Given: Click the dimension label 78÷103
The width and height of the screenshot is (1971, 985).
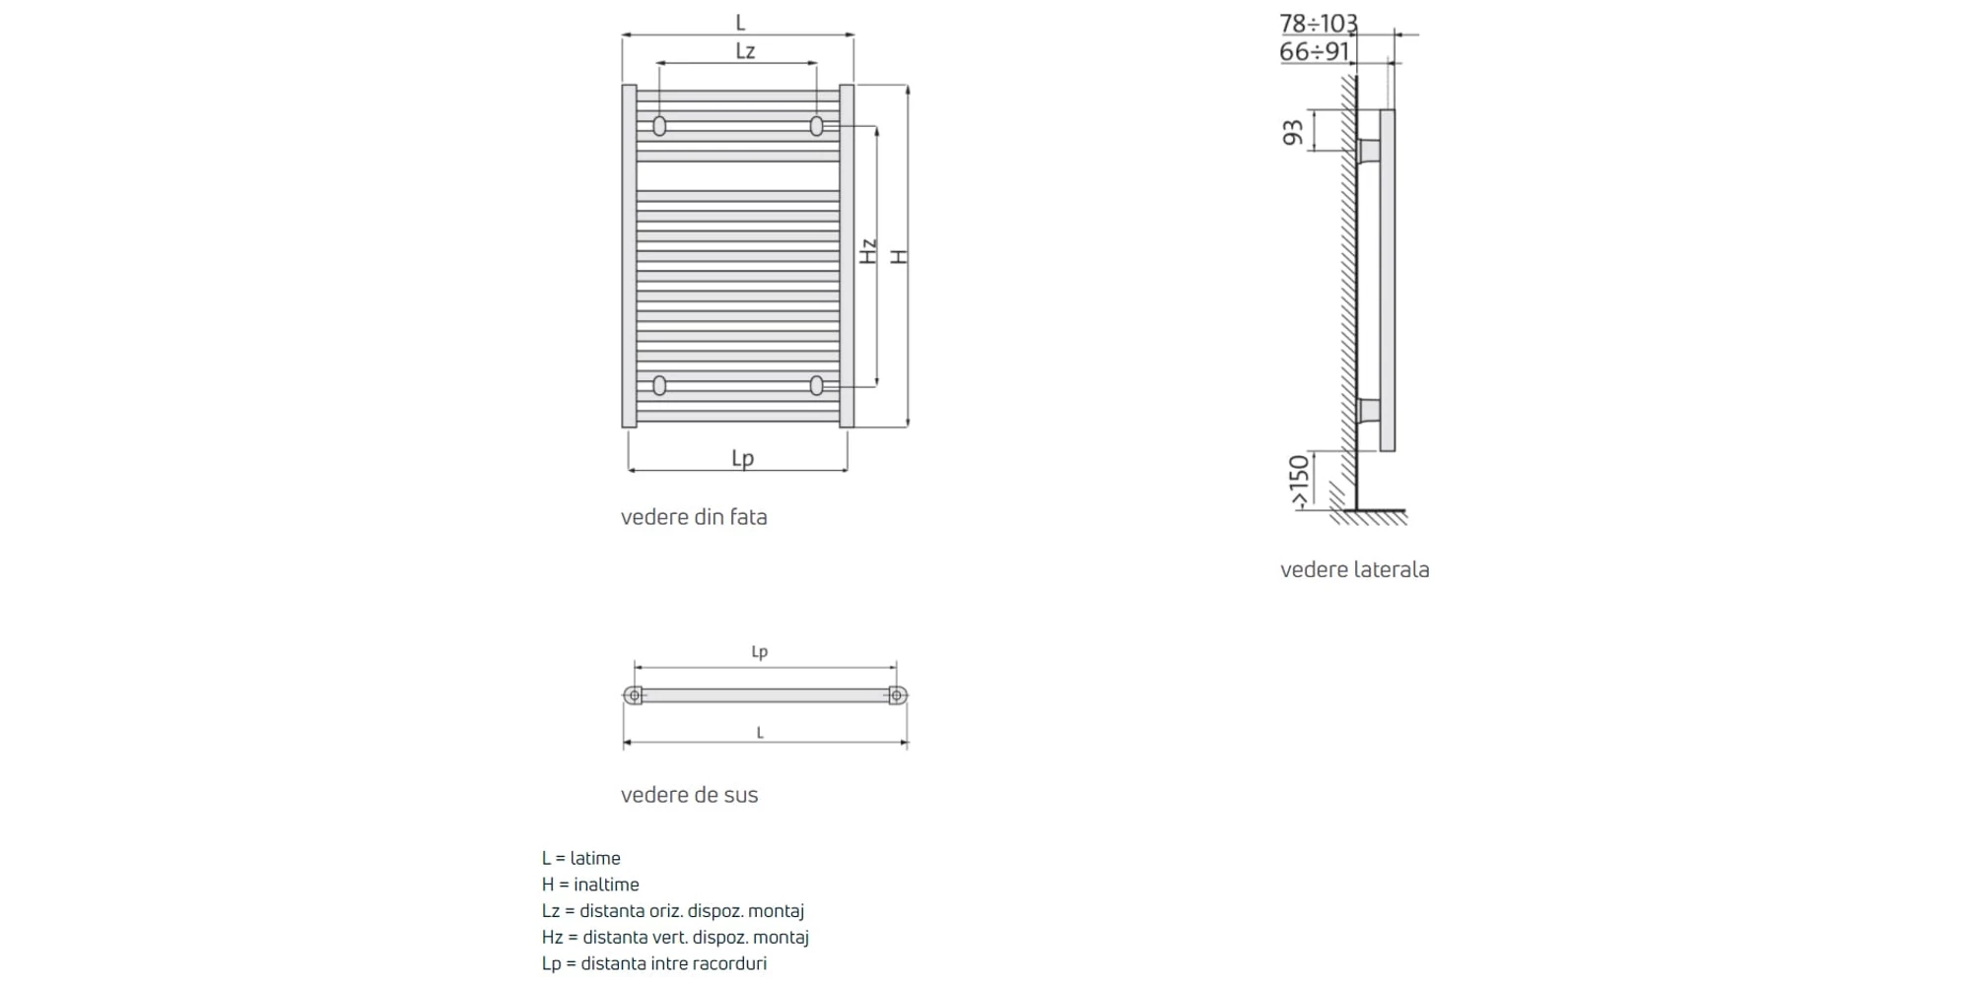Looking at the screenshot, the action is [1319, 23].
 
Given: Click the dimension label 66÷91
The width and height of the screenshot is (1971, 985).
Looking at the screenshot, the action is [1315, 51].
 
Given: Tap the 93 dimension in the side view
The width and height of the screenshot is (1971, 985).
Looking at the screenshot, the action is [1293, 132].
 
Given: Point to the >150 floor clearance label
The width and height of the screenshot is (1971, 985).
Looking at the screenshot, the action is [1300, 482].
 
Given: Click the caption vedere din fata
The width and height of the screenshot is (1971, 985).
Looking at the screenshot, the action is [694, 517].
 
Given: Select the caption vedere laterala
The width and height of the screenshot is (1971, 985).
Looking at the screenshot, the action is [1355, 569].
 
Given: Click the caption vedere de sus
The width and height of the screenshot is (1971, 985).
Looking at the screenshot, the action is [690, 795].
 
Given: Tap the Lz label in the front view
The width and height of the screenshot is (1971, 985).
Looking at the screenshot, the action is [745, 50].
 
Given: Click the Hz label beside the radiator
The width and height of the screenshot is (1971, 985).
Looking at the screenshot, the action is [868, 251].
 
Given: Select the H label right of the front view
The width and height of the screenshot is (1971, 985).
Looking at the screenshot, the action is [899, 256].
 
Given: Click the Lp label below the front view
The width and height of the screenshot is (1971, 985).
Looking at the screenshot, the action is [742, 458].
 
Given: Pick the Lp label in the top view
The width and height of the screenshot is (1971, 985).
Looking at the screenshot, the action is [759, 651].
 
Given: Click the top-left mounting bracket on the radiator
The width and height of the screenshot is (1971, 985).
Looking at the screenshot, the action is [659, 126].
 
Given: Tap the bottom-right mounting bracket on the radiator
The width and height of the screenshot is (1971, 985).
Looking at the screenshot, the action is [816, 385].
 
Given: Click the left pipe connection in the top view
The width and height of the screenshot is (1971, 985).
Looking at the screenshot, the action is [634, 695].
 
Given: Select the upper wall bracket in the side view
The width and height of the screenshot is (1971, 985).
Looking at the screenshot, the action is [1369, 152].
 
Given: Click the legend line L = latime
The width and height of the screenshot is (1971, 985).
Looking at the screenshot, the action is [581, 858].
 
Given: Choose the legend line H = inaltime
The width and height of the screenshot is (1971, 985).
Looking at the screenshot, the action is [590, 885].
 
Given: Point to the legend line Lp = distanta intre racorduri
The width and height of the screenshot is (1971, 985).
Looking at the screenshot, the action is [654, 963].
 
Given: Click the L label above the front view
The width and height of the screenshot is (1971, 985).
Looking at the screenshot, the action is [740, 23].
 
